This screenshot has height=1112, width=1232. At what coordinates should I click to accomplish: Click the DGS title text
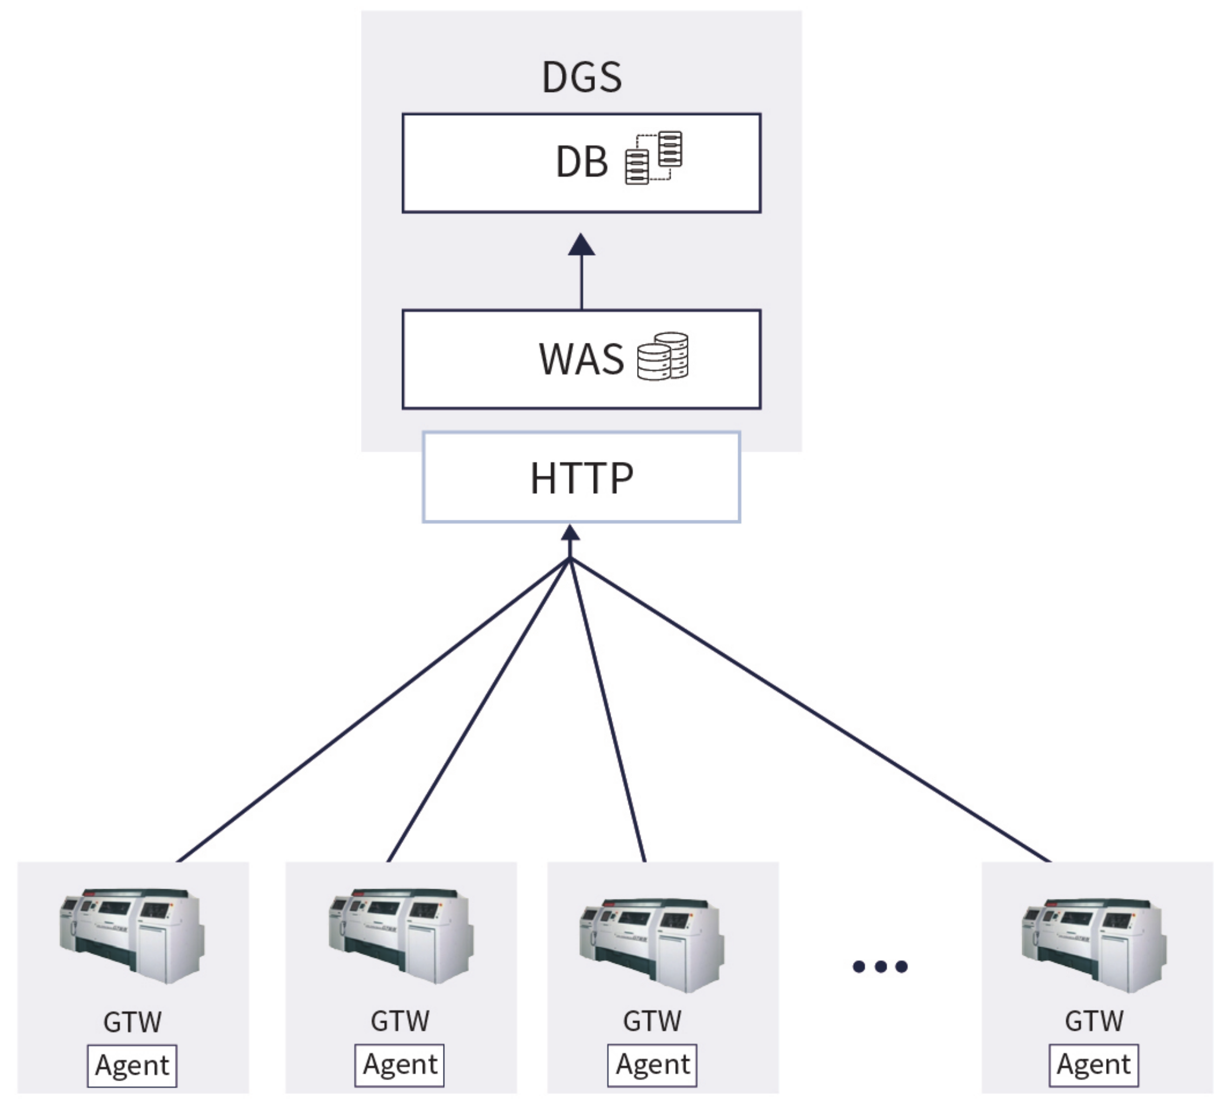point(581,77)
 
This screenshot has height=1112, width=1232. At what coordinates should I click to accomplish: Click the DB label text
point(581,162)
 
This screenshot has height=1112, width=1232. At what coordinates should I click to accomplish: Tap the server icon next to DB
point(653,157)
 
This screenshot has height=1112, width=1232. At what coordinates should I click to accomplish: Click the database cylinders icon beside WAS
point(662,356)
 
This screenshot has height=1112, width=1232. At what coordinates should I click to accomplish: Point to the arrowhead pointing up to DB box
point(581,245)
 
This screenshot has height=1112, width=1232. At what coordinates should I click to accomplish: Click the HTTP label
point(581,478)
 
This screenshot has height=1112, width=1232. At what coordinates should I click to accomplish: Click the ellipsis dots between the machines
point(880,966)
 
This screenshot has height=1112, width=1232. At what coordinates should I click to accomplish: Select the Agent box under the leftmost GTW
point(132,1065)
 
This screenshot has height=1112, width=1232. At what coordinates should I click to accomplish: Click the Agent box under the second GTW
point(399,1065)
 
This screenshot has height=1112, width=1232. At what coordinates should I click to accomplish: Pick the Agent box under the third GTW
point(652,1065)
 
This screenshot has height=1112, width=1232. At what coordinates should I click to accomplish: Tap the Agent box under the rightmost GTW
point(1094,1065)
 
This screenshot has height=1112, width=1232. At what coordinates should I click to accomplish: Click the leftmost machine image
point(132,935)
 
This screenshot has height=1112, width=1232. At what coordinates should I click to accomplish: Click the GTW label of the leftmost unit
point(132,1022)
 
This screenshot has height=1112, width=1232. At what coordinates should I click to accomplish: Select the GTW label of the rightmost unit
point(1094,1021)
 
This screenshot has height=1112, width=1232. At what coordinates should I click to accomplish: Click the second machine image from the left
point(400,935)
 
